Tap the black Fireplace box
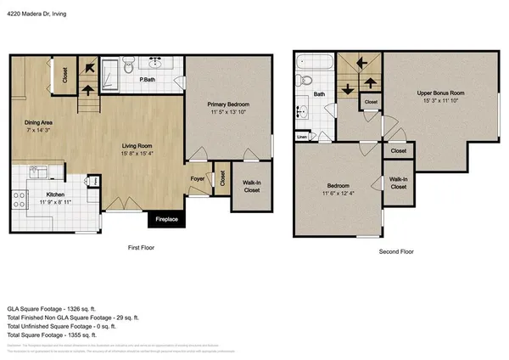click(165, 219)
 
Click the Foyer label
click(197, 179)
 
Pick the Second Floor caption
click(396, 252)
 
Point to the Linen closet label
click(302, 136)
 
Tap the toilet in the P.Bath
click(127, 65)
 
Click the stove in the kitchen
click(19, 200)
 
